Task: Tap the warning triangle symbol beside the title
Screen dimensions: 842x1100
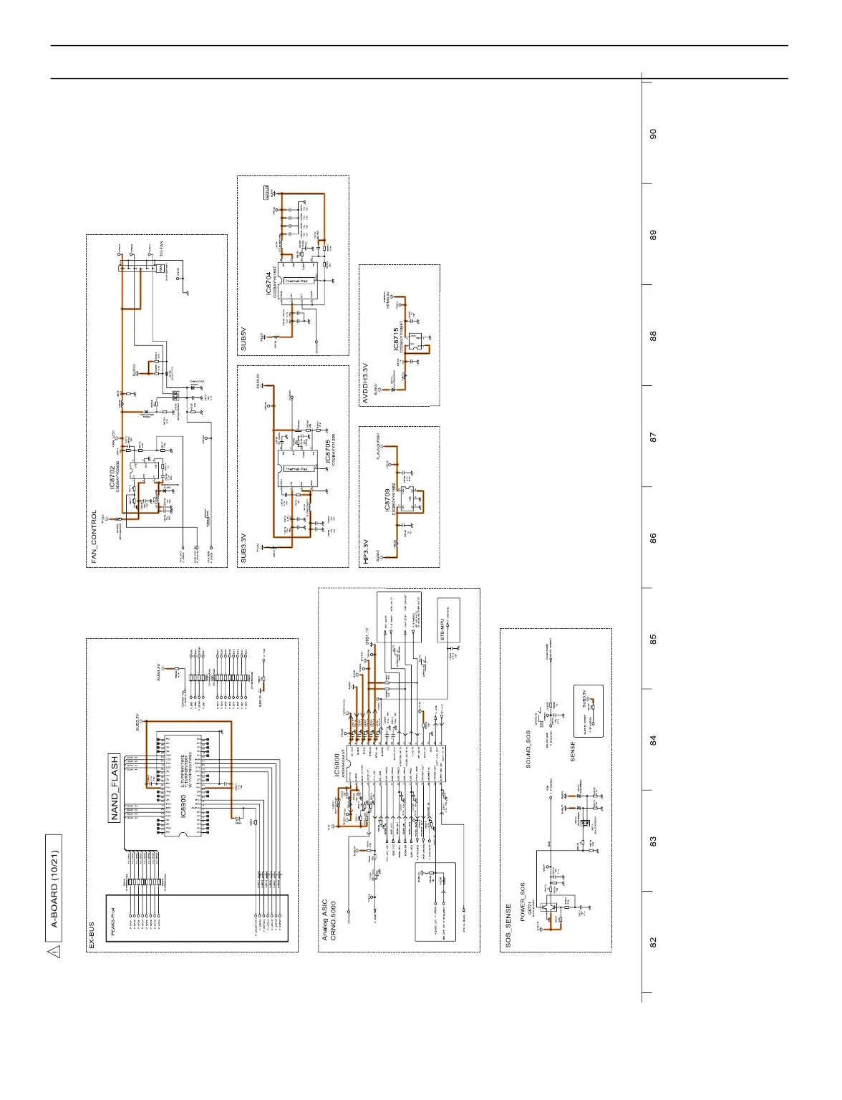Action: (x=54, y=951)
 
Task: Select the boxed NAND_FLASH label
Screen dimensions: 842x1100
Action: (x=115, y=788)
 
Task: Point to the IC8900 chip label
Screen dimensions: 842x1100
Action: (x=183, y=806)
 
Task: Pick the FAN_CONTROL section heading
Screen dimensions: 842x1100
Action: (x=94, y=537)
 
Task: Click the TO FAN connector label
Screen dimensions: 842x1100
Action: (x=162, y=249)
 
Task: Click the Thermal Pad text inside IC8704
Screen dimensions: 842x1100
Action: (x=296, y=281)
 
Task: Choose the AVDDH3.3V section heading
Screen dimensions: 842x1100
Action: (x=366, y=383)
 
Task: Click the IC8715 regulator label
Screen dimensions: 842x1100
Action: (x=395, y=339)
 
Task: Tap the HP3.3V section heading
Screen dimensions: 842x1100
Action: (x=366, y=551)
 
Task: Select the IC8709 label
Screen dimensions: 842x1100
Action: (x=387, y=501)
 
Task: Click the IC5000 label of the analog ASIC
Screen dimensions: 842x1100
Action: (x=337, y=766)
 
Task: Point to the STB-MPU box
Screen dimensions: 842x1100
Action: (x=442, y=620)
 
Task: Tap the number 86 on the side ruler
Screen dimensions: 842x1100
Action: (x=653, y=537)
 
